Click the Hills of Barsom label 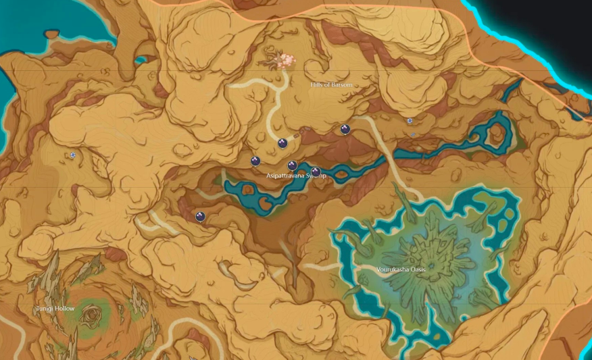(331, 85)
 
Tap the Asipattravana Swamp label (296, 176)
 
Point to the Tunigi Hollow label (55, 309)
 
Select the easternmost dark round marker (345, 130)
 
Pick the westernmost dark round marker (199, 217)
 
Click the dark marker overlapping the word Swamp (316, 172)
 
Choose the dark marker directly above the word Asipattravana (293, 165)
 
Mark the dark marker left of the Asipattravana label (255, 161)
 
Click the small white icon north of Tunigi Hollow (72, 155)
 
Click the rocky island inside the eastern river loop (497, 135)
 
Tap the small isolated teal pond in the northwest (141, 60)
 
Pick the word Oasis (416, 269)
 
